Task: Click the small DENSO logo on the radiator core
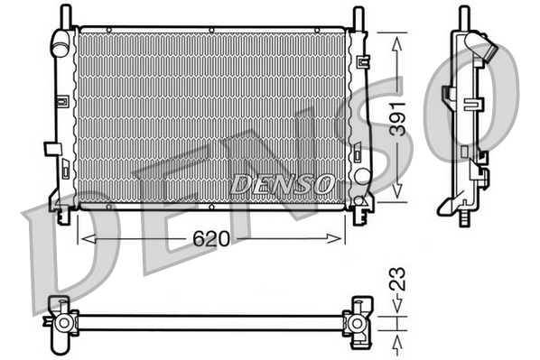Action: tap(281, 183)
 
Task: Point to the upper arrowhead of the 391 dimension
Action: tap(396, 38)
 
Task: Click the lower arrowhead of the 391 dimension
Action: tap(396, 194)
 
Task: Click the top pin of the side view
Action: tap(463, 16)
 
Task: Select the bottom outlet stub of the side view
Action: tap(464, 217)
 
